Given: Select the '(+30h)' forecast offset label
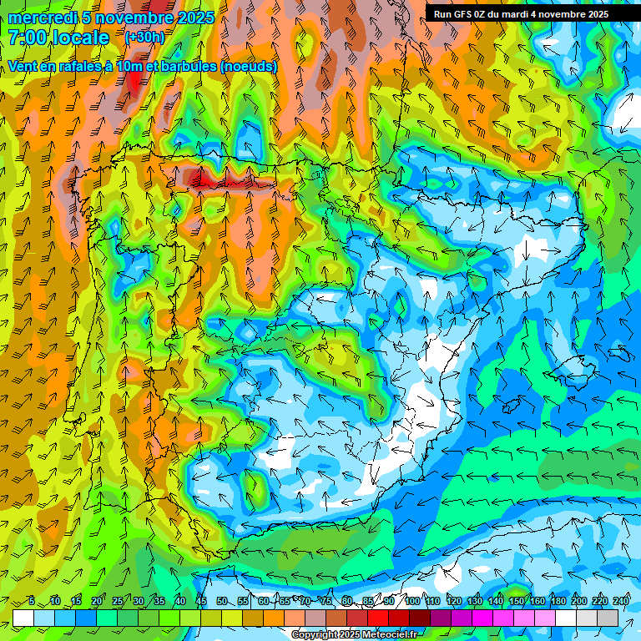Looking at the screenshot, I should click(144, 37).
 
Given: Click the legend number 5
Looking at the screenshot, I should click(32, 602).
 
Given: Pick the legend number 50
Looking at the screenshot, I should click(221, 602).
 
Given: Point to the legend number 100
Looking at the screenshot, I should click(412, 602).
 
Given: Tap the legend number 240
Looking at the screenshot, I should click(621, 602).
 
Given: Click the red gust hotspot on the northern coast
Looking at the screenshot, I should click(209, 178).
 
